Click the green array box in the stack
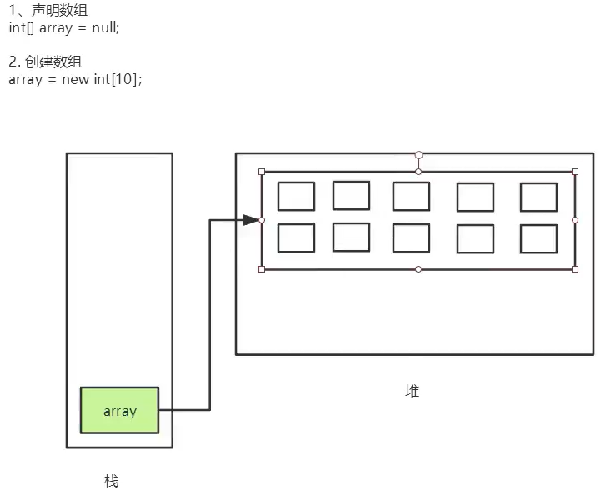(119, 410)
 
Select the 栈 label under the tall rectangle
(111, 481)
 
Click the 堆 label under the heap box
(412, 390)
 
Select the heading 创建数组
(52, 62)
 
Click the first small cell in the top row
(296, 197)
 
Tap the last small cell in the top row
(538, 197)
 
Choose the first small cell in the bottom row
(296, 238)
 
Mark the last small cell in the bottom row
(538, 239)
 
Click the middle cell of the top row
(411, 197)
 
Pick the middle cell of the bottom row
(411, 238)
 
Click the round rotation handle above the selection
(418, 155)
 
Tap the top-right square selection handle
(575, 172)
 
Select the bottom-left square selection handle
(262, 269)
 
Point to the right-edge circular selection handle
(575, 220)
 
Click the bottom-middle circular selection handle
(418, 269)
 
